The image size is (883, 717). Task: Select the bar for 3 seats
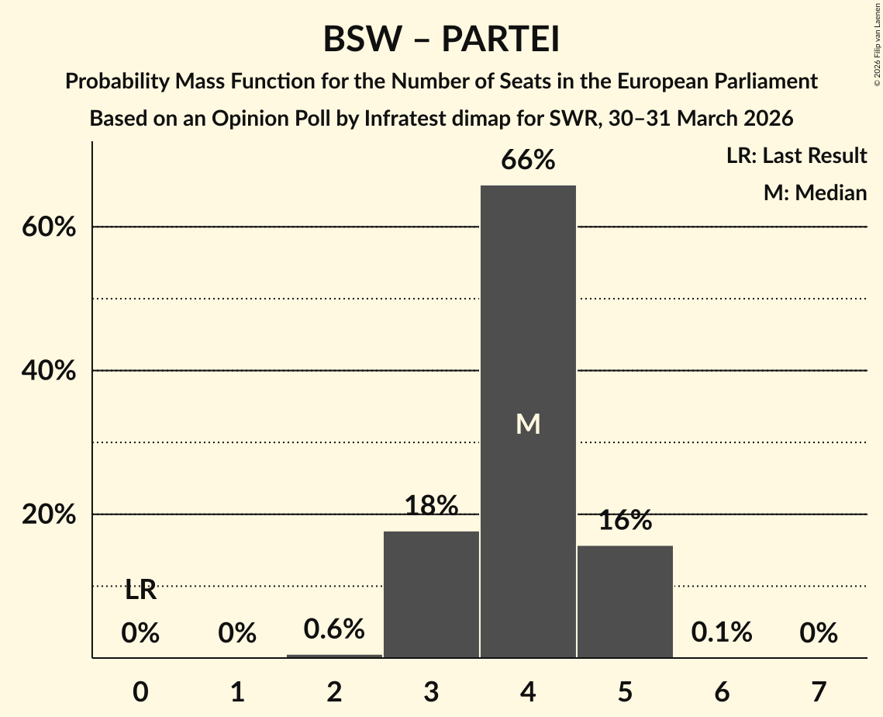[x=431, y=594]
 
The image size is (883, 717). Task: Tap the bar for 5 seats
[x=625, y=601]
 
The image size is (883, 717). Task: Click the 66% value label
[x=528, y=161]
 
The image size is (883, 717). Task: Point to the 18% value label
[x=431, y=507]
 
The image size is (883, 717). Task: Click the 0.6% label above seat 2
[x=334, y=629]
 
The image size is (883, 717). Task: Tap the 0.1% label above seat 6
[x=722, y=632]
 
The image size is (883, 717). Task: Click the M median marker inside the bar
[x=528, y=424]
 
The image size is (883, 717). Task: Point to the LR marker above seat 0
[x=140, y=591]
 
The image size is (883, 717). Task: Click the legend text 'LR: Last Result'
[x=796, y=156]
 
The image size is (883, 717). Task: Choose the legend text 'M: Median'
[x=815, y=192]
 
